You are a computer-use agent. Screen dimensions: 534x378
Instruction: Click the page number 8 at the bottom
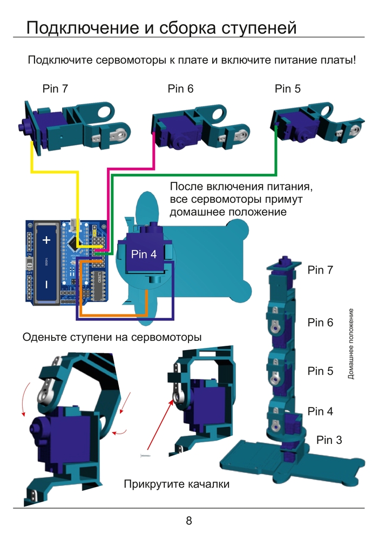[x=189, y=521]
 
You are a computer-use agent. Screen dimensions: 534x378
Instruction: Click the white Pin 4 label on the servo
[x=144, y=254]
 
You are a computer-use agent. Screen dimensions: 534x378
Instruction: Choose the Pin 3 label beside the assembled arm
[x=329, y=440]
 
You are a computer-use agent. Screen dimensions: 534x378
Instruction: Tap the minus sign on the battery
[x=46, y=284]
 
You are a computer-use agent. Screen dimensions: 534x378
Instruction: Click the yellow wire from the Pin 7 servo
[x=54, y=172]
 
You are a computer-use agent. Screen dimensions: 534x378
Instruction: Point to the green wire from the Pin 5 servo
[x=216, y=175]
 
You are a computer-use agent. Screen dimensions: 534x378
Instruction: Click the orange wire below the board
[x=113, y=314]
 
